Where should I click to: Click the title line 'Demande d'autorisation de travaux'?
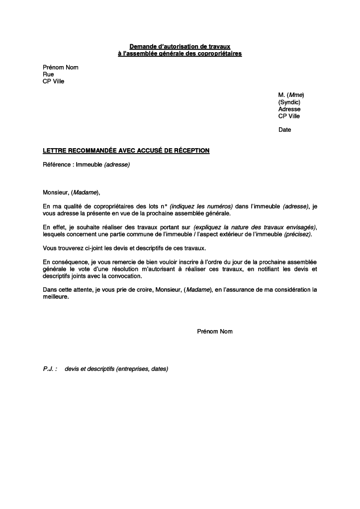click(x=180, y=46)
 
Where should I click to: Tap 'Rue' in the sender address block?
click(x=48, y=75)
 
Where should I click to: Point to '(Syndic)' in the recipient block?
click(x=289, y=102)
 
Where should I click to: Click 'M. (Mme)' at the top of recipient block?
click(x=291, y=95)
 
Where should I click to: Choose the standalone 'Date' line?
click(x=284, y=130)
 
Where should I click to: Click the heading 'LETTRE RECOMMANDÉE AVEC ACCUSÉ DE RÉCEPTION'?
click(x=126, y=150)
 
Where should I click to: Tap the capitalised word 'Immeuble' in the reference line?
click(x=89, y=165)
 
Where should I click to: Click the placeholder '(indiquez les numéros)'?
click(x=201, y=206)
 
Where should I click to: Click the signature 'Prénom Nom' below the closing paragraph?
click(x=215, y=331)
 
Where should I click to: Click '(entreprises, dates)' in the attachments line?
click(x=142, y=369)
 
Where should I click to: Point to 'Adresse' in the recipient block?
click(x=289, y=109)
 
